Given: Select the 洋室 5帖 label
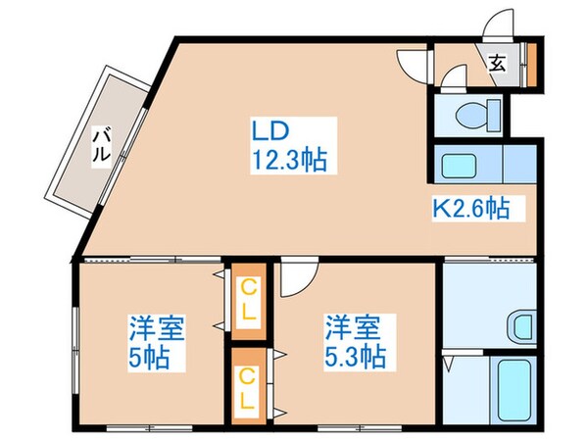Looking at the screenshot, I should coord(157,341).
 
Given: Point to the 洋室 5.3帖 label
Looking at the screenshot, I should coord(356,341).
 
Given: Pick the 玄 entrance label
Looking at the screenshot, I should coord(497,65).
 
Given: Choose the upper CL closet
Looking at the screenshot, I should coord(250,302).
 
